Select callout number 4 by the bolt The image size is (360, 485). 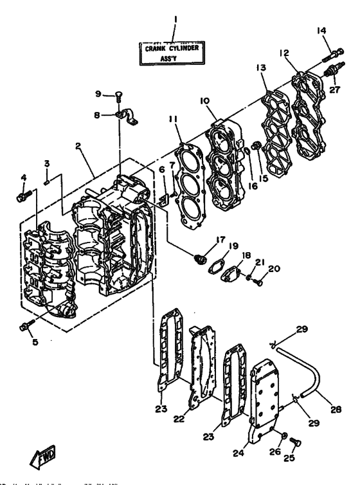(23, 178)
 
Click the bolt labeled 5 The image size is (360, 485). (25, 327)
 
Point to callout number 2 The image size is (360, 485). (78, 145)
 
